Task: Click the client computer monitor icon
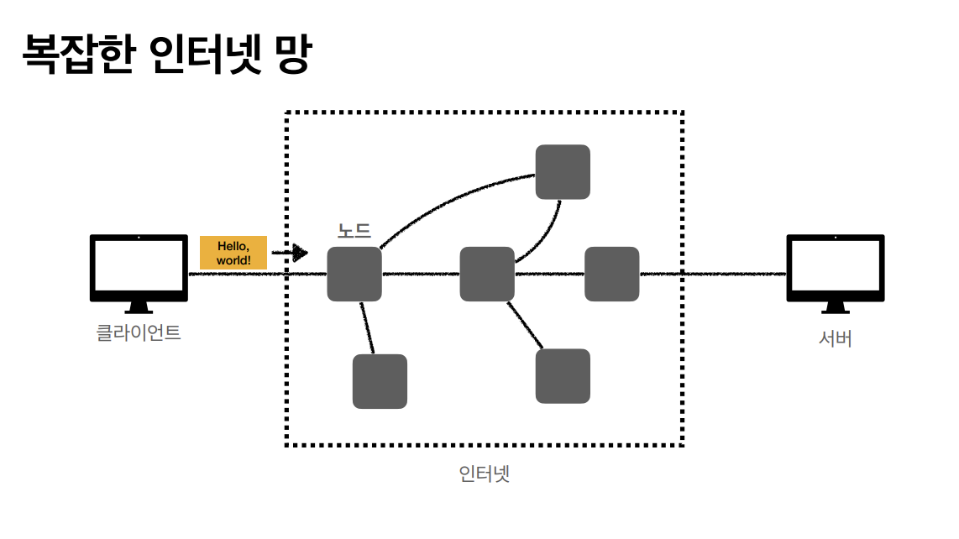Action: point(139,266)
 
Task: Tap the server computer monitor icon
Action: point(835,266)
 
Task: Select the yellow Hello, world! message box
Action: point(233,253)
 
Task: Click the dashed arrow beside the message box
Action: point(290,253)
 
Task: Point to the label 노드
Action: point(354,231)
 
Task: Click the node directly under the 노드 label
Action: point(354,274)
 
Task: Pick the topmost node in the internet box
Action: point(563,171)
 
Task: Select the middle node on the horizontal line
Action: point(487,274)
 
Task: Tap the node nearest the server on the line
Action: point(611,274)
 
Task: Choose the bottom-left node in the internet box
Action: point(380,381)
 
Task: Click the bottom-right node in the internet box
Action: point(563,375)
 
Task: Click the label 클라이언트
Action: point(139,332)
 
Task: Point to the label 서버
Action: point(835,339)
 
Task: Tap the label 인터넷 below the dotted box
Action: point(485,474)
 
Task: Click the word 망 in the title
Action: point(291,55)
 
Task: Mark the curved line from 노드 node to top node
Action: point(445,198)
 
